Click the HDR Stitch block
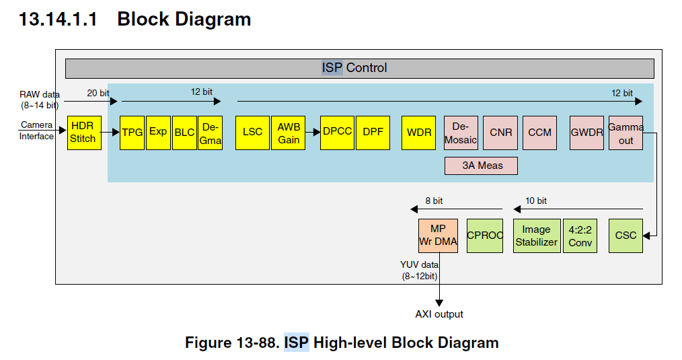coord(84,133)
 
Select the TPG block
coord(132,133)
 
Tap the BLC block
coord(184,133)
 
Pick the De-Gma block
coord(210,133)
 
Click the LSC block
coord(252,133)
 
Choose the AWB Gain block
coord(288,133)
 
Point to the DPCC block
coord(337,133)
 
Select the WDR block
coord(419,133)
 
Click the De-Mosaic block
coord(461,133)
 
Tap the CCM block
coord(539,133)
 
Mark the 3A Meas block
coord(481,166)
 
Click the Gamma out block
coord(626,133)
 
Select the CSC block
coord(626,236)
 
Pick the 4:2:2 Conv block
coord(580,236)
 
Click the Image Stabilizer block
coord(536,236)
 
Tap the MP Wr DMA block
coord(438,236)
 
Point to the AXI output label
coord(439,314)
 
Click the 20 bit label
coord(98,93)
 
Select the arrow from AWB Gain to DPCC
coord(313,133)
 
